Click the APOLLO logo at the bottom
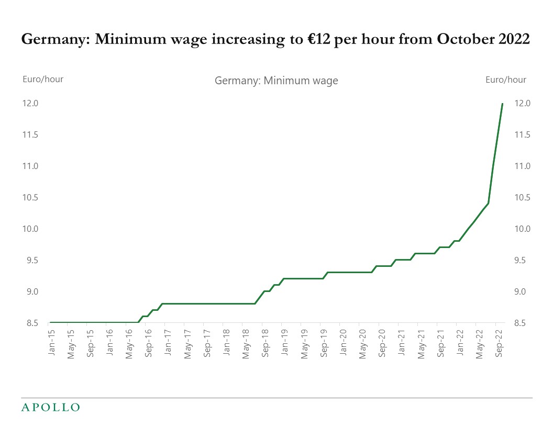coord(50,407)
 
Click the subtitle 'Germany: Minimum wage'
coord(276,81)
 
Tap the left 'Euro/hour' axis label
coord(43,80)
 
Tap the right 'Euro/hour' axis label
coord(505,80)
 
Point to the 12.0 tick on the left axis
coord(30,104)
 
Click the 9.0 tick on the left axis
coord(30,292)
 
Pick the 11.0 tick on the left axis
coord(30,166)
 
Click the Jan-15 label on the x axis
coord(51,344)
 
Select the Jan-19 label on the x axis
coord(284,344)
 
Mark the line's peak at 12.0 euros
coord(503,104)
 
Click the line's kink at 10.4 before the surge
coord(488,203)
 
